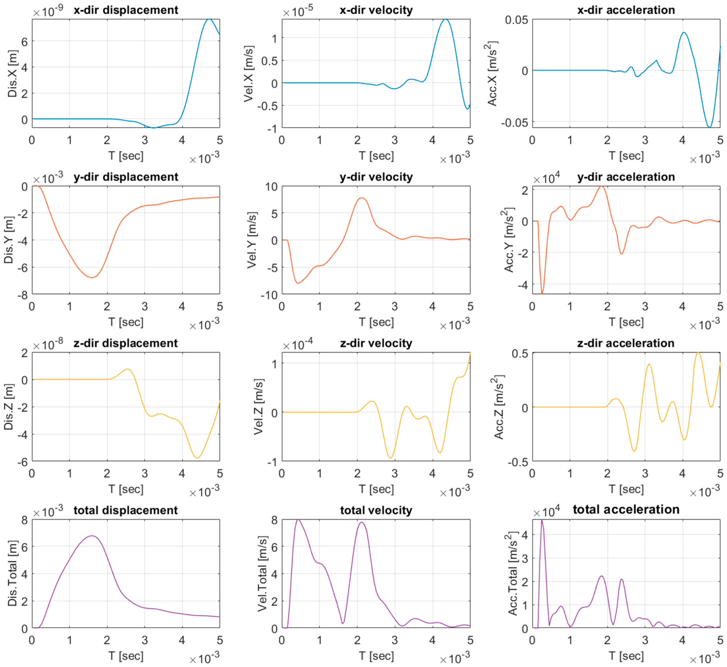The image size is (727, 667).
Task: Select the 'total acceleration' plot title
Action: (x=626, y=509)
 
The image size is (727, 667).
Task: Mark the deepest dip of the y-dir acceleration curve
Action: (x=542, y=293)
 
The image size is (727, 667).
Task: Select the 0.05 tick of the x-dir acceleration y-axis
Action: (x=516, y=20)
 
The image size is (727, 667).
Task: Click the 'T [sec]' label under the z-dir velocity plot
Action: (x=376, y=489)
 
